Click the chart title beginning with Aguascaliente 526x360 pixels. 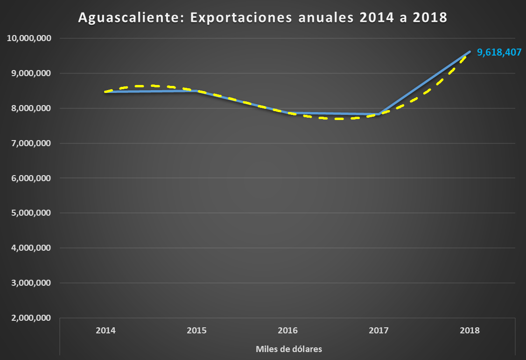pyautogui.click(x=263, y=18)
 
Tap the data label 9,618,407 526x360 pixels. pyautogui.click(x=499, y=52)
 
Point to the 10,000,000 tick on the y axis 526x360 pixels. pyautogui.click(x=29, y=38)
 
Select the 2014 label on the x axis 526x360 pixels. pyautogui.click(x=105, y=331)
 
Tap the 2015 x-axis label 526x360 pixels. pyautogui.click(x=196, y=331)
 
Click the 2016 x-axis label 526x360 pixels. pyautogui.click(x=288, y=331)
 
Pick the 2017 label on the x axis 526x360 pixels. pyautogui.click(x=379, y=331)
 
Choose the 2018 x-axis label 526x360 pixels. pyautogui.click(x=470, y=331)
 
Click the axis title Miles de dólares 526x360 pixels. pyautogui.click(x=289, y=349)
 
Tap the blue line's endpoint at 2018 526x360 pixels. pyautogui.click(x=470, y=51)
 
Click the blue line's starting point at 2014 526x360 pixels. pyautogui.click(x=106, y=92)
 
